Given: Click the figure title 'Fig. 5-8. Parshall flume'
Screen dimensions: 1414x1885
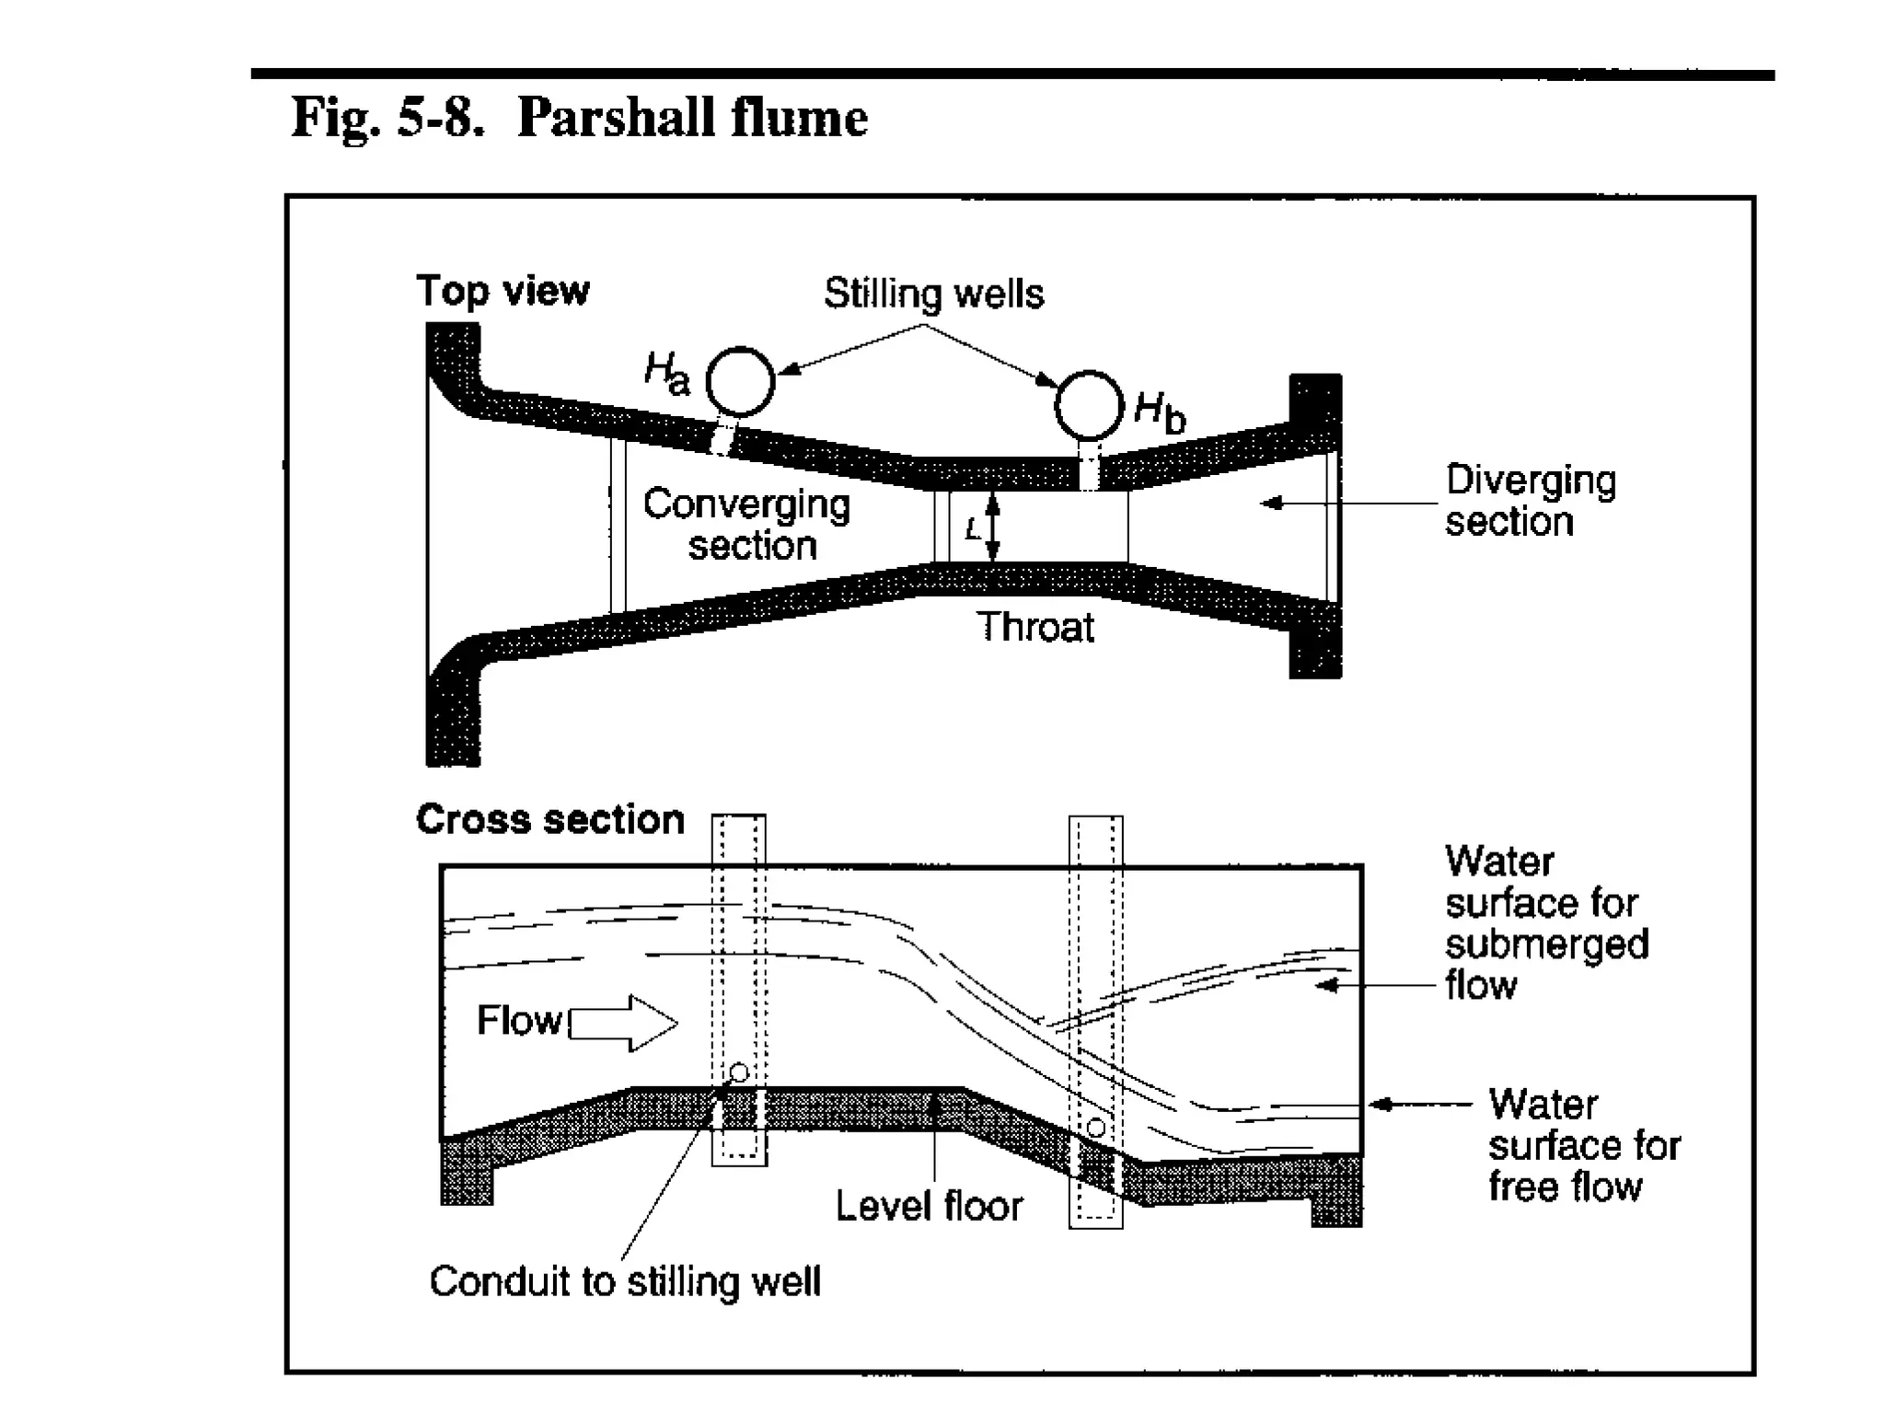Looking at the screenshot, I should tap(579, 118).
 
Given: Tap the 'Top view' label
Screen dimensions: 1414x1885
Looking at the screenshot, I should tap(503, 291).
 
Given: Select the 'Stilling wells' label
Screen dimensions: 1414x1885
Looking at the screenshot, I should tap(933, 294).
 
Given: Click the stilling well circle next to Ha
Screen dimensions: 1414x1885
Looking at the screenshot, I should tap(740, 381).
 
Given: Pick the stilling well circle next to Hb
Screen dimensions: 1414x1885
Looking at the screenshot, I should tap(1089, 406).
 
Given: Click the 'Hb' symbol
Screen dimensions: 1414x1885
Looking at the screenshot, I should tap(1160, 411).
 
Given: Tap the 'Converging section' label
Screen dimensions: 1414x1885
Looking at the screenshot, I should tap(747, 524).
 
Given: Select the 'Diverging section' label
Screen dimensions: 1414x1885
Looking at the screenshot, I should tap(1529, 501).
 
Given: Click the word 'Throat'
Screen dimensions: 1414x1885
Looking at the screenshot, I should tap(1035, 628).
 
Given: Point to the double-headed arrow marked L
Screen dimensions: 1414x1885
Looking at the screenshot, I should tap(992, 527).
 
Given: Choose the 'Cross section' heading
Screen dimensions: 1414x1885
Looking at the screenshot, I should tap(550, 819).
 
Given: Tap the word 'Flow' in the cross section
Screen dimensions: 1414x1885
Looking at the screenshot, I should tap(518, 1021).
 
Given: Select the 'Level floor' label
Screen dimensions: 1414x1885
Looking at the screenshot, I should tap(929, 1206).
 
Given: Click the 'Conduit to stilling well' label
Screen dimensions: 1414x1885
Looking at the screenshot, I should tap(625, 1281).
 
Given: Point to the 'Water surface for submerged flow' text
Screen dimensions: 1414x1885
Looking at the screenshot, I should tap(1545, 923).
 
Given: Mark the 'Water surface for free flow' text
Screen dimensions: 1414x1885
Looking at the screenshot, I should tap(1584, 1145).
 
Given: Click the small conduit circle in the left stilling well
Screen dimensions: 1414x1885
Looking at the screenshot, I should tap(738, 1072).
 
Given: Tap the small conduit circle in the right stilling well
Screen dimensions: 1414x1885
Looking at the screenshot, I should tap(1095, 1128).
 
